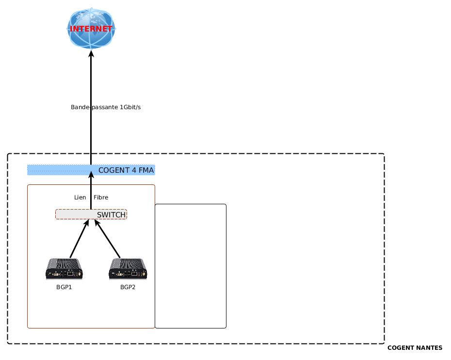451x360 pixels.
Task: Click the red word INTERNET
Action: point(91,29)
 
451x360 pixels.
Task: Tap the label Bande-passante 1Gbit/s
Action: point(106,107)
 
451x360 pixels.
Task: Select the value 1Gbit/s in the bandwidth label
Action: point(130,107)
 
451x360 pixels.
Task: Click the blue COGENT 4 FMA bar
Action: point(58,170)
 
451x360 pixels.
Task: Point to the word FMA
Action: point(145,170)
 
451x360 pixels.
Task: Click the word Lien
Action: point(80,197)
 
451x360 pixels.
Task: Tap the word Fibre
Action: point(101,197)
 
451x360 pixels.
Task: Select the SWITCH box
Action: point(91,214)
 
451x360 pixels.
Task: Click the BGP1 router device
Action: point(64,269)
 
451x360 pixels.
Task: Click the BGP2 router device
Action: point(128,269)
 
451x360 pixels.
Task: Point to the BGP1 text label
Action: point(64,287)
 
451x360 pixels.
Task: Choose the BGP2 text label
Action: point(128,287)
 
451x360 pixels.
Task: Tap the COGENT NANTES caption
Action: point(415,348)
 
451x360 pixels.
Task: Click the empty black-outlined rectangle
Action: point(191,266)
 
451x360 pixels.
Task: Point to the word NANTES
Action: point(429,348)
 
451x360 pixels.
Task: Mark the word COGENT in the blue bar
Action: point(115,170)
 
